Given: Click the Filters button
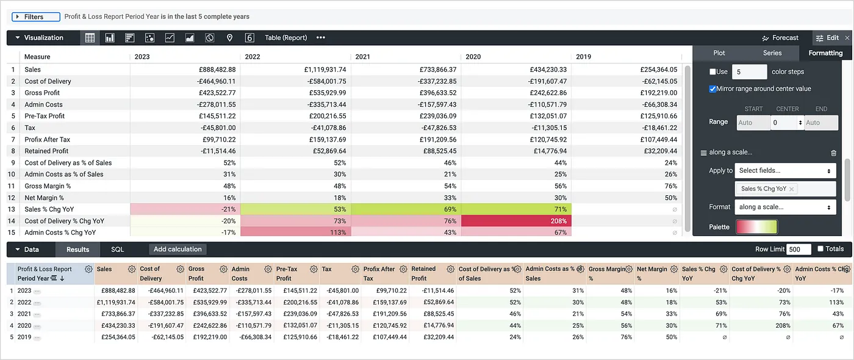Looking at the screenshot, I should (35, 17).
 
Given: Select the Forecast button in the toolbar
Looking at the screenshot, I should (780, 38).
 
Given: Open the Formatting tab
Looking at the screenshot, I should (825, 53).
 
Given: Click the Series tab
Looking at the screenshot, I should (772, 53).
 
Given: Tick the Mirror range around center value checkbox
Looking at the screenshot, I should (712, 89).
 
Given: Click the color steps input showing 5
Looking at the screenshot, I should (748, 72).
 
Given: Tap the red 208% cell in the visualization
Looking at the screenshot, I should (516, 221).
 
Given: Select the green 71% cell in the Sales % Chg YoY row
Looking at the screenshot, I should (516, 209).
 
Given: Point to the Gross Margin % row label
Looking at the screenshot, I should (48, 186).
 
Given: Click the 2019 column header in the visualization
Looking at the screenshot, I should (584, 57).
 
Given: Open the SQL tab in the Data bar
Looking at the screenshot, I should (117, 250).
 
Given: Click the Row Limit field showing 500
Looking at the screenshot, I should (798, 250).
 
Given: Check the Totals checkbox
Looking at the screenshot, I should (820, 249).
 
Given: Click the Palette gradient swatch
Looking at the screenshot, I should (756, 227).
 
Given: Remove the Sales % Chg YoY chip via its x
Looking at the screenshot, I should (791, 189).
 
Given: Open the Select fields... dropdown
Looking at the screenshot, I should (785, 171).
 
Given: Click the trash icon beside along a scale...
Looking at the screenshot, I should (833, 153).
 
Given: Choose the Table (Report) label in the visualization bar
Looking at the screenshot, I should (285, 38).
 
